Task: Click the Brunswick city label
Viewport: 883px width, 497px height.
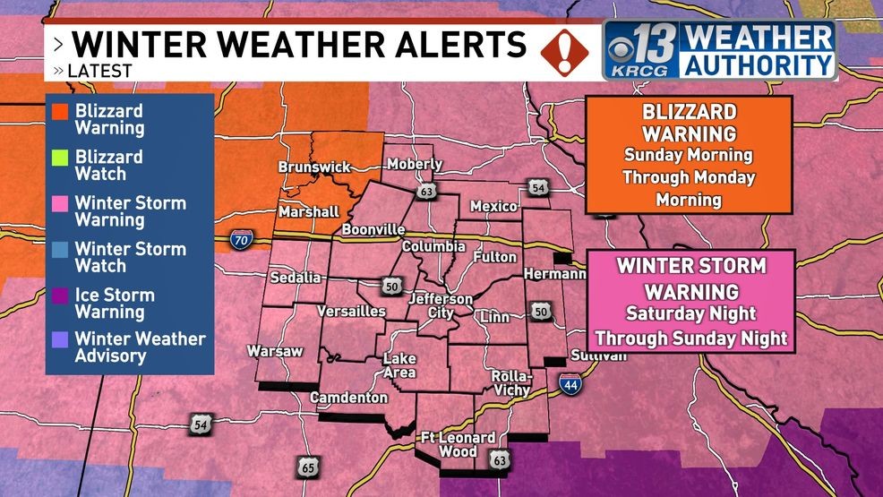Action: coord(313,167)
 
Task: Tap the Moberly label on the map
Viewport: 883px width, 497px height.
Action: coord(415,165)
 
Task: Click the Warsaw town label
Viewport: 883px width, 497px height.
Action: coord(275,351)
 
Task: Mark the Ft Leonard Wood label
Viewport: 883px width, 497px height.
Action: coord(458,444)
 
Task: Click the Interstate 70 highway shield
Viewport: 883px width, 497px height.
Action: coord(240,239)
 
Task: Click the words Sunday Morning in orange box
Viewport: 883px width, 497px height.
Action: coord(689,155)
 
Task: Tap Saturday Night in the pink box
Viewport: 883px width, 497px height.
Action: coord(691,314)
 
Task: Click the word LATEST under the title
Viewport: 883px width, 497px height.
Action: coord(101,70)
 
